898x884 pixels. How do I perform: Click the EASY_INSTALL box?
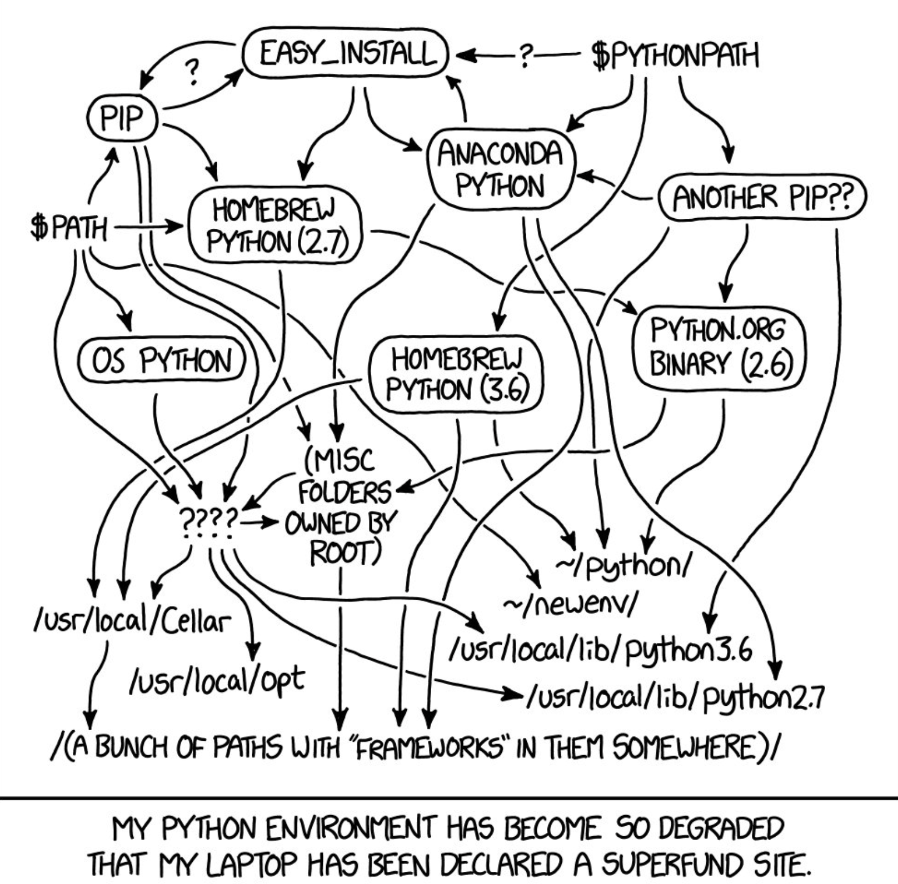coord(346,54)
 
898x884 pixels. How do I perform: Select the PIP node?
coord(122,118)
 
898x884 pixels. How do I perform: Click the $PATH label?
coord(69,228)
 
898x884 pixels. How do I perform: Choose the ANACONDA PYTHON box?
coord(500,169)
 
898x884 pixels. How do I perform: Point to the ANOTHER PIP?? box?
coord(762,197)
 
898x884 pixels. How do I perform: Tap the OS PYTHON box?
coord(162,361)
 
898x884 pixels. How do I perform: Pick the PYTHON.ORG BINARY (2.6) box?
coord(719,349)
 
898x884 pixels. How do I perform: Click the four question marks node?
coord(208,521)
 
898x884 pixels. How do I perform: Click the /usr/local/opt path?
coord(217,679)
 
